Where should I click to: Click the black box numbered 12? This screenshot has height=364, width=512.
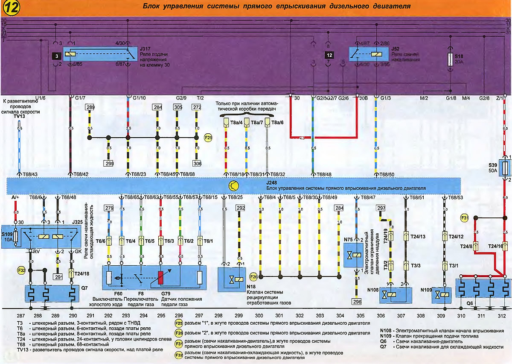coord(329,55)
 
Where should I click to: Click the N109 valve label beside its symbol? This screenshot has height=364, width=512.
coord(427,290)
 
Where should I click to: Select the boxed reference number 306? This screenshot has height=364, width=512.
coord(197,163)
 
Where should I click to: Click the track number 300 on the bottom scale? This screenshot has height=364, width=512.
coord(259,316)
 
